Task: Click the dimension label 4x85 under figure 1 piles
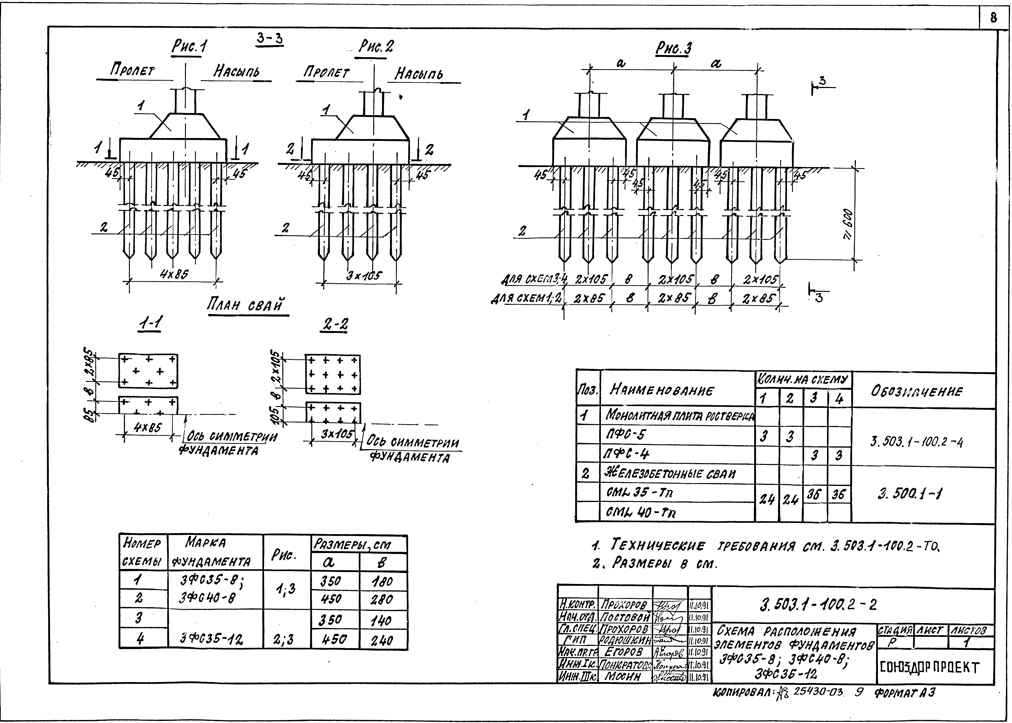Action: coord(174,275)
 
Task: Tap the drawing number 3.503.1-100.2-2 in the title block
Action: coord(818,605)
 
